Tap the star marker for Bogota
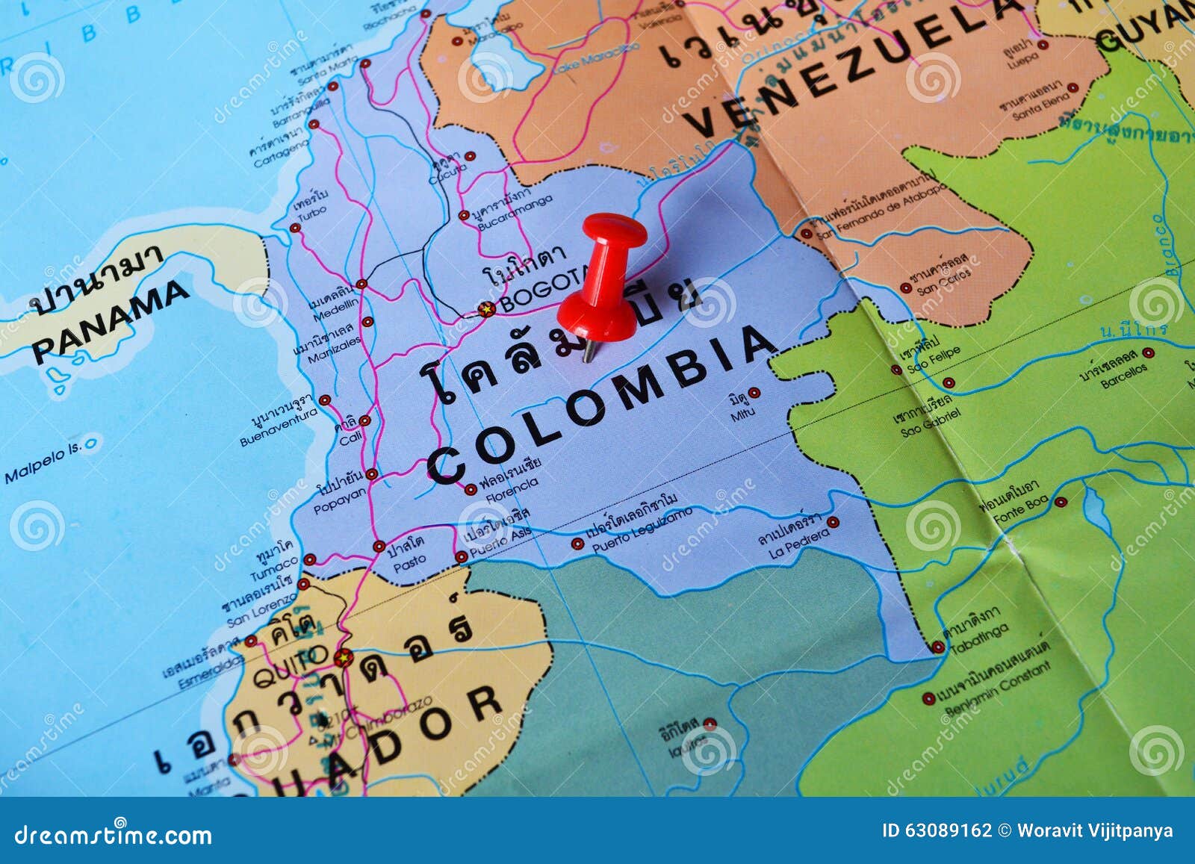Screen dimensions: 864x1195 point(487,308)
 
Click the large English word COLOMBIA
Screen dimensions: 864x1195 point(602,404)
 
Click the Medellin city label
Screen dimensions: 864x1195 point(335,314)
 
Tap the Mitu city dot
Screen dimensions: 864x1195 point(754,392)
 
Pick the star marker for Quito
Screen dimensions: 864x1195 point(343,658)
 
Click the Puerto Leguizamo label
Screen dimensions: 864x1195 point(642,532)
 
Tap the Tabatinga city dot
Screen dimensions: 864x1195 point(939,647)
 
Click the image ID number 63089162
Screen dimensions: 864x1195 point(947,830)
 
